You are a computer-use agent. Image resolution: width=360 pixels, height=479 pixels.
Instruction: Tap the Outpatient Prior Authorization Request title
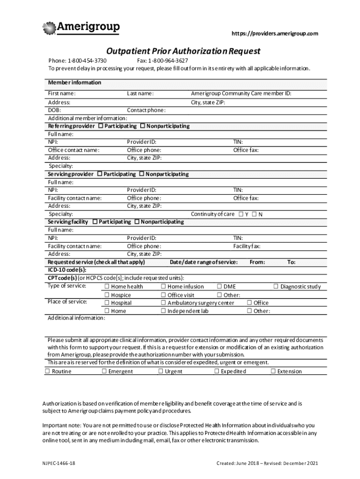183,51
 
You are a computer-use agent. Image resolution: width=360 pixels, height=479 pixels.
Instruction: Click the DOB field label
54,110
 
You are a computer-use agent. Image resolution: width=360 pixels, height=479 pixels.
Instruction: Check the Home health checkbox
107,286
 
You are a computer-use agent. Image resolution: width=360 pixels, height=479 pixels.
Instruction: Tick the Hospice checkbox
107,295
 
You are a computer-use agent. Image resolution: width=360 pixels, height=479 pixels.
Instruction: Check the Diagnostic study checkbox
276,286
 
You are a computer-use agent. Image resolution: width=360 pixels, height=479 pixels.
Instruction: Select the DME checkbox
219,286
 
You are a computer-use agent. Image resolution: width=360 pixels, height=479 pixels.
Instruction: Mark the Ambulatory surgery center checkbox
163,303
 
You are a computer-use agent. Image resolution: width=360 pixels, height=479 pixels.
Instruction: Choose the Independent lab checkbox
163,311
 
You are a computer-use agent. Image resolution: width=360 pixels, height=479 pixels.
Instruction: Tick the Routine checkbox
47,371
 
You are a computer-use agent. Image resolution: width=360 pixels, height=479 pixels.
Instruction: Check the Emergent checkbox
104,371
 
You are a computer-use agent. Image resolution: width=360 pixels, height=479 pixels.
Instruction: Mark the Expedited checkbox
216,371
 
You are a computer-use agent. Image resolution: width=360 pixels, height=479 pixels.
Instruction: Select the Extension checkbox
273,371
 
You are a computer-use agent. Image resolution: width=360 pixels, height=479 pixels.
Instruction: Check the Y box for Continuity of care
240,214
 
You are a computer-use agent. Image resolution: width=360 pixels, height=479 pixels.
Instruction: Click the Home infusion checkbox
163,286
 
